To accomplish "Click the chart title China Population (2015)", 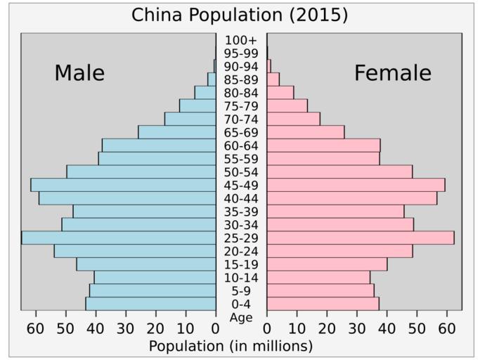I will coord(240,15).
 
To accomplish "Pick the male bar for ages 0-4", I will coord(150,304).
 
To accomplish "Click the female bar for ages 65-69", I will coord(306,132).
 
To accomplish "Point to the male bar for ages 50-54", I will coord(141,172).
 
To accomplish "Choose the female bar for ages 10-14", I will coord(318,278).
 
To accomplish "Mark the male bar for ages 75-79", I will coord(197,105).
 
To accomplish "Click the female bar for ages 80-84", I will coord(280,93).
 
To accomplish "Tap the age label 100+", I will coord(241,40).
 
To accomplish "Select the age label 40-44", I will coord(241,198).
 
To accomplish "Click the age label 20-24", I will coord(241,251).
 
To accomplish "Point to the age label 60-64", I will coord(241,146).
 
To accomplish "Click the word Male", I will coord(79,73).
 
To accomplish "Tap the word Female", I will coord(392,73).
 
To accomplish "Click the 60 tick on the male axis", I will coord(35,328).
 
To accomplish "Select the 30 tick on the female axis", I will coord(357,328).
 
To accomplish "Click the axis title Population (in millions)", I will coord(231,346).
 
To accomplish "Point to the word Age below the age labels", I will coord(241,318).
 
